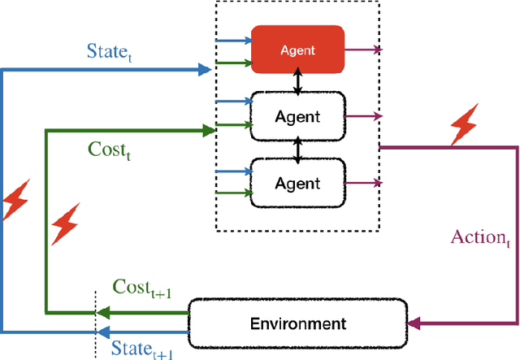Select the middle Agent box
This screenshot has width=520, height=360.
pos(297,116)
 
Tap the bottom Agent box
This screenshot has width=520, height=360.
pos(297,184)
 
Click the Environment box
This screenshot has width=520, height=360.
pos(297,323)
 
